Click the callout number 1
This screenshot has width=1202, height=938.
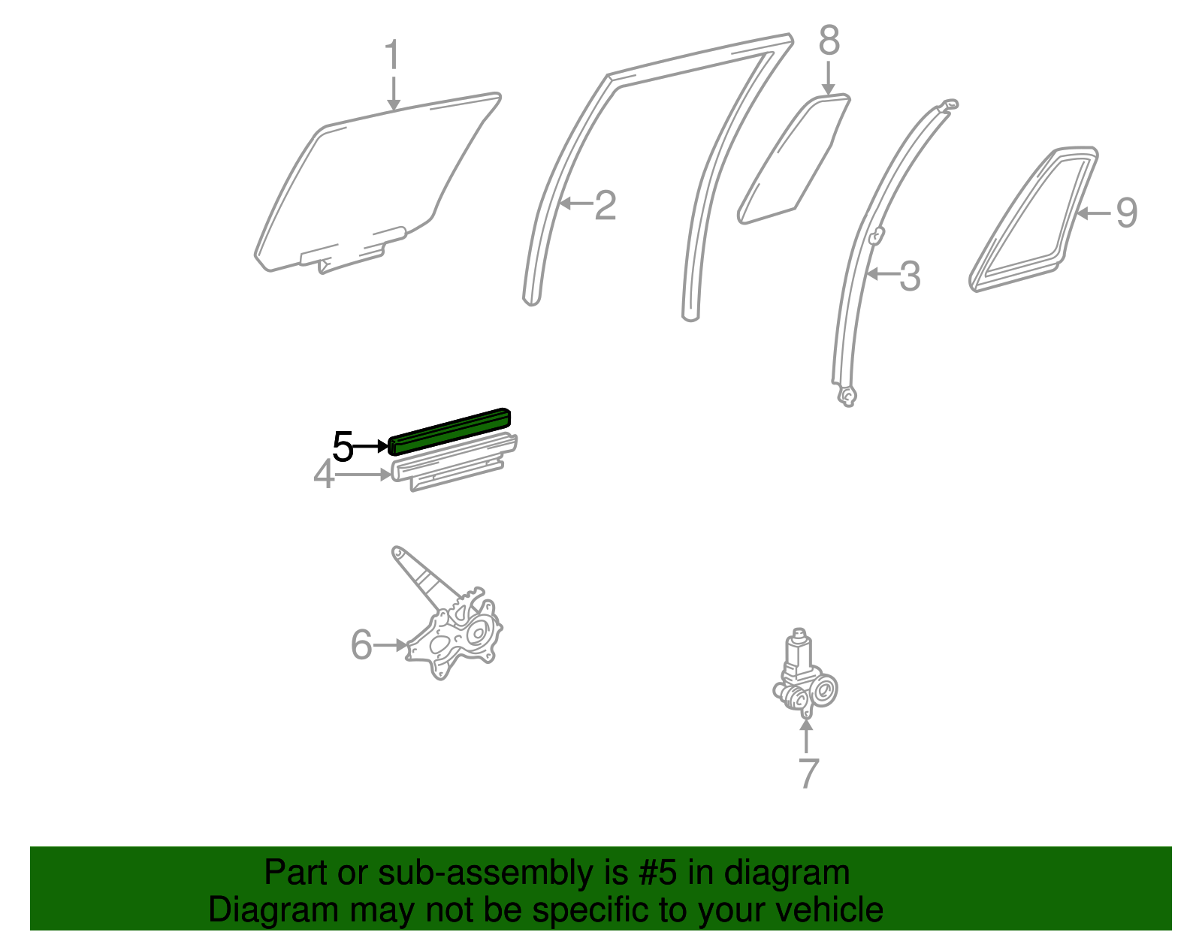(x=391, y=56)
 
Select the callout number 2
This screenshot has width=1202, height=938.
(x=605, y=205)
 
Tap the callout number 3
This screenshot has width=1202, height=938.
(x=909, y=276)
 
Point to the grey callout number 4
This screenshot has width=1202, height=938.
(x=324, y=475)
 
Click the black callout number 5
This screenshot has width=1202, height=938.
(x=343, y=448)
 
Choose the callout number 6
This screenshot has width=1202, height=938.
(x=361, y=645)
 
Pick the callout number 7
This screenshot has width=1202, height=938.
(x=808, y=773)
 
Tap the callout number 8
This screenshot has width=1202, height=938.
(x=829, y=41)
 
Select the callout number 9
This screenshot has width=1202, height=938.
(x=1126, y=213)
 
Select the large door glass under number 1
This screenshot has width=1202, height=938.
(x=376, y=180)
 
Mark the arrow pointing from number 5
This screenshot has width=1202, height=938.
(x=371, y=447)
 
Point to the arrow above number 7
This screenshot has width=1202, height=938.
(x=807, y=736)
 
